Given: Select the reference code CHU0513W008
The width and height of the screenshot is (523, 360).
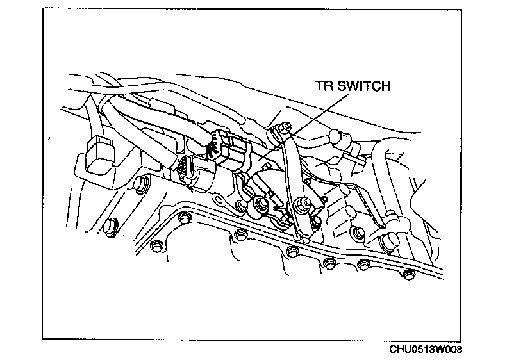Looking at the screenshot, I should tap(425, 349).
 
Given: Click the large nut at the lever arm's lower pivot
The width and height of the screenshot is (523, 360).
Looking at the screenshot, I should tap(299, 206).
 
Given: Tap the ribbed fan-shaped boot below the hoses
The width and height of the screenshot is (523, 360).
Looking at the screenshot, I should tap(183, 167).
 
